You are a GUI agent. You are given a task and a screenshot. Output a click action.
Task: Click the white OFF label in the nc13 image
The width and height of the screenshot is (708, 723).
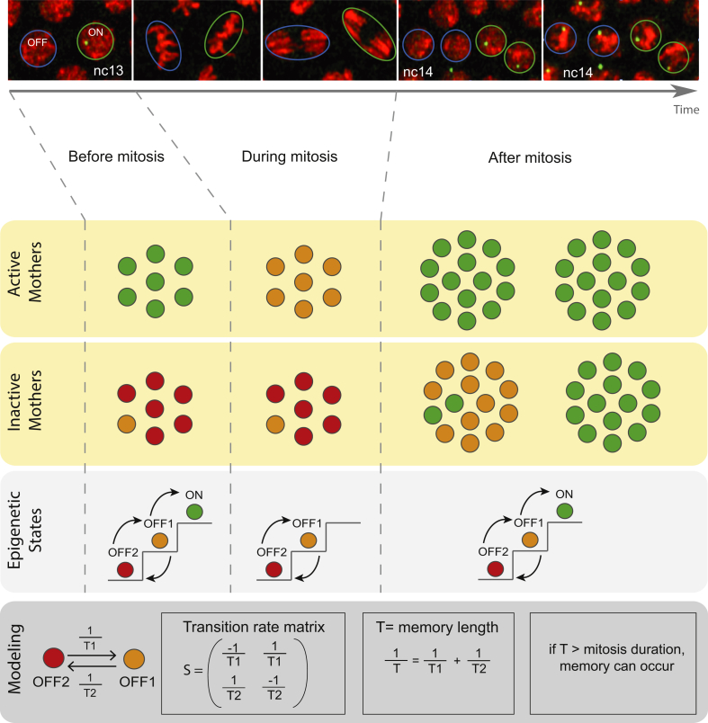(36, 40)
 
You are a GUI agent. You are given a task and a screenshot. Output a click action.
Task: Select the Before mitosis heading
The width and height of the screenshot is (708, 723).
(116, 157)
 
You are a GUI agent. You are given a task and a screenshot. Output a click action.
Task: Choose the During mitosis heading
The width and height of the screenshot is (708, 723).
(289, 157)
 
